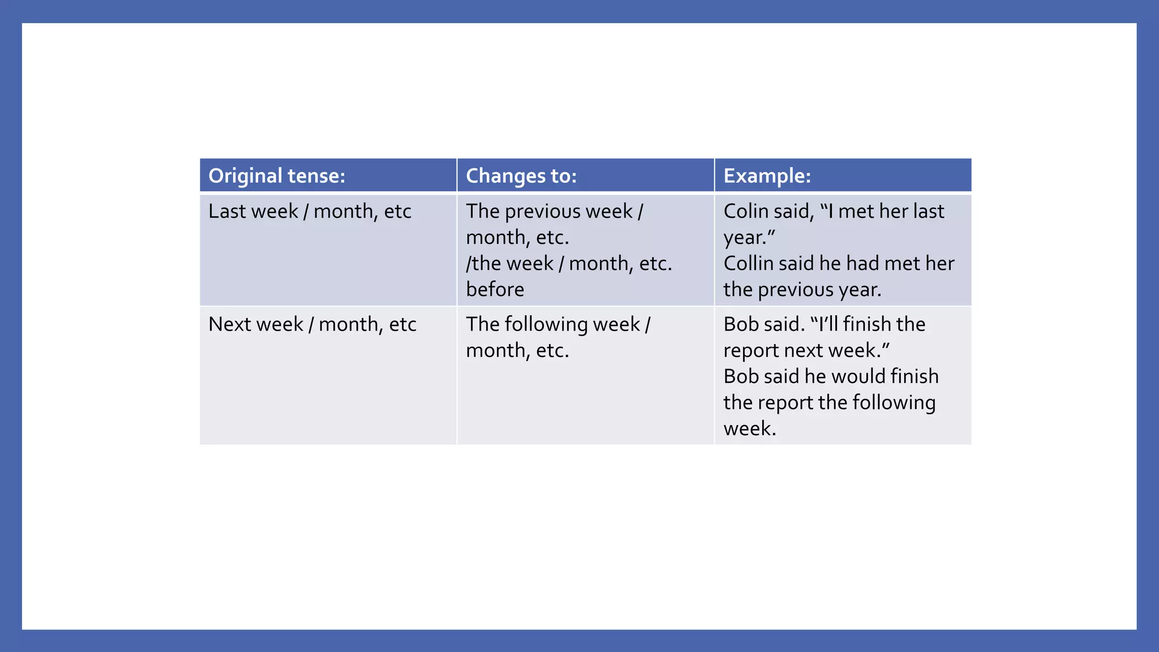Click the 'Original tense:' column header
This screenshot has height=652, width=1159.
(x=277, y=176)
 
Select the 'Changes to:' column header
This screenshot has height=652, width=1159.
(x=521, y=176)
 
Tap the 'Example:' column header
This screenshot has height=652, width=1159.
(x=767, y=176)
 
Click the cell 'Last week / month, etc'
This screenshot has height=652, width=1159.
(x=310, y=211)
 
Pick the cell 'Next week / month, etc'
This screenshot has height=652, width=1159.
(x=312, y=324)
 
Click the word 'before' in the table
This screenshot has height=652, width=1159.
(x=495, y=289)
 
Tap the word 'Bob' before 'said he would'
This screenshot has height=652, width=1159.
(x=741, y=376)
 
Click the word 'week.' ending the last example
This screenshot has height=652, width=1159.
(x=749, y=428)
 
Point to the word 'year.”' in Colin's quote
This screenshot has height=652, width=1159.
(x=749, y=238)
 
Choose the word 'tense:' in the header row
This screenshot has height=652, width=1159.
(x=316, y=176)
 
